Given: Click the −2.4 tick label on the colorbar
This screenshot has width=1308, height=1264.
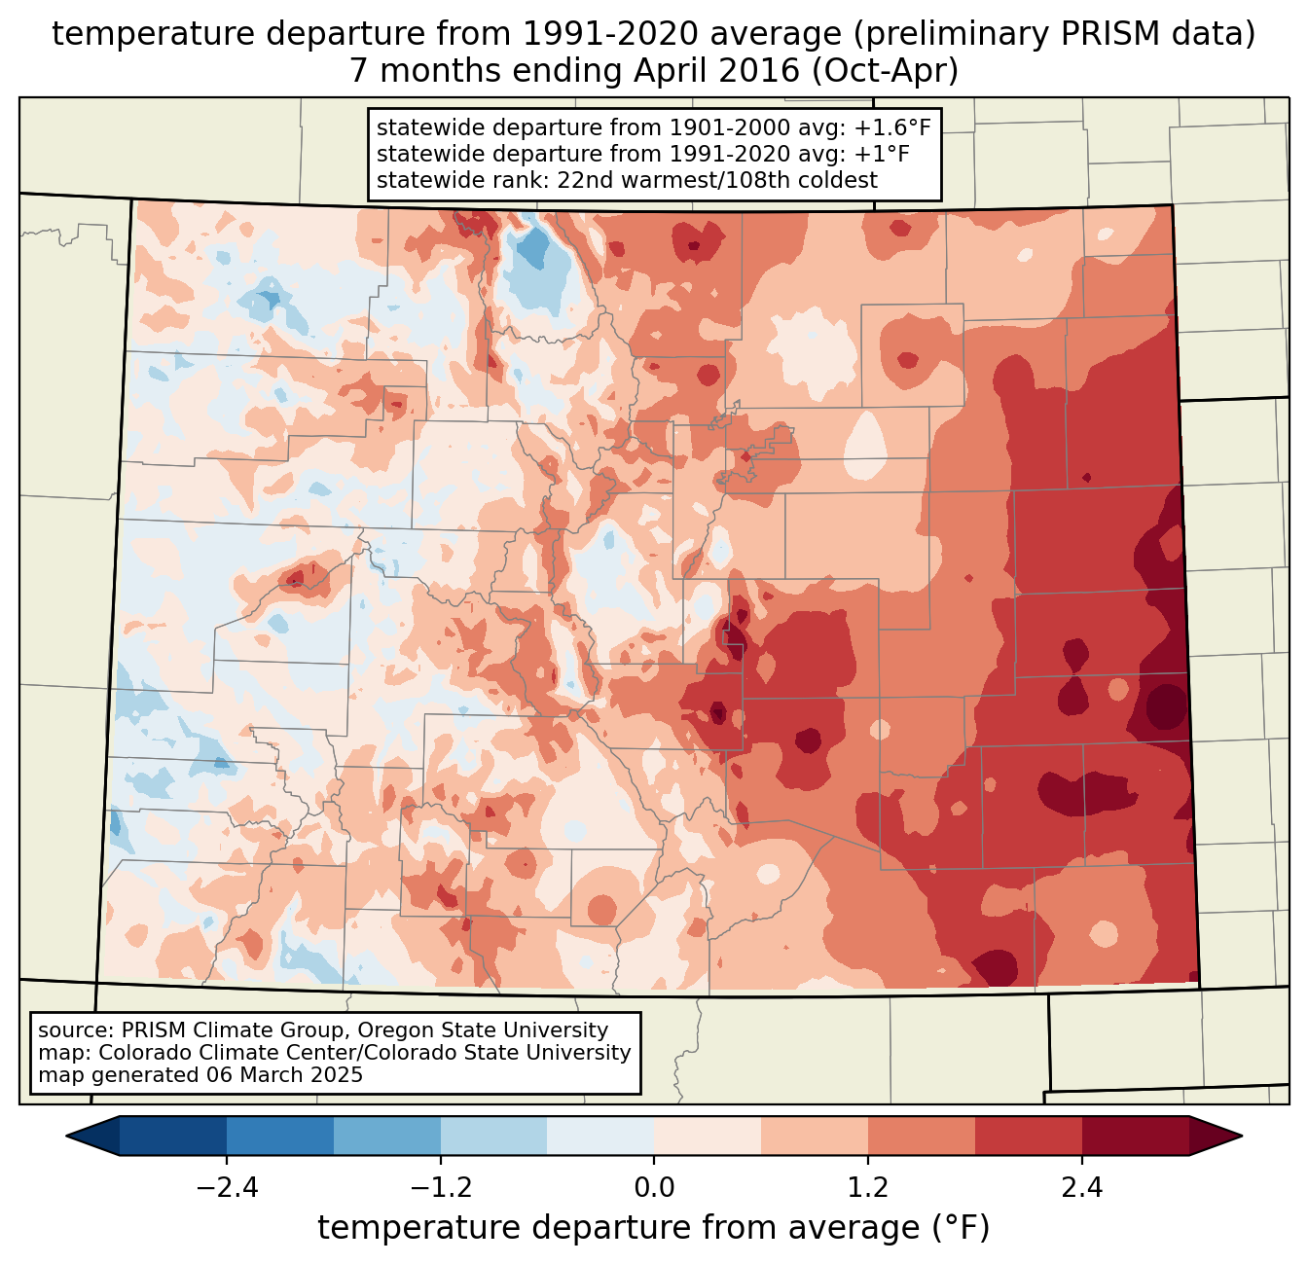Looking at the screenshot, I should (227, 1188).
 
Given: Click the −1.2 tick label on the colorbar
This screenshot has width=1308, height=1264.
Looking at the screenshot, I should (441, 1188).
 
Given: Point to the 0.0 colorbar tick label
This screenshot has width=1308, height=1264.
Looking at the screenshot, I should (654, 1188).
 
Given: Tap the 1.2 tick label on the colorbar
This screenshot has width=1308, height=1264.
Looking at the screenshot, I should (868, 1188).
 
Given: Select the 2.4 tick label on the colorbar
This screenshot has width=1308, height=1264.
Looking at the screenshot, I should (1082, 1188).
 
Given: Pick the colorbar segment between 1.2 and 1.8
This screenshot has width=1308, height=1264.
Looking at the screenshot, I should (922, 1136).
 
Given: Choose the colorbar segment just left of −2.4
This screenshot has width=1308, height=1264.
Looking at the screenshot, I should (173, 1136).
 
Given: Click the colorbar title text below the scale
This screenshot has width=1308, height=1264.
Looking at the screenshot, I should (654, 1228).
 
